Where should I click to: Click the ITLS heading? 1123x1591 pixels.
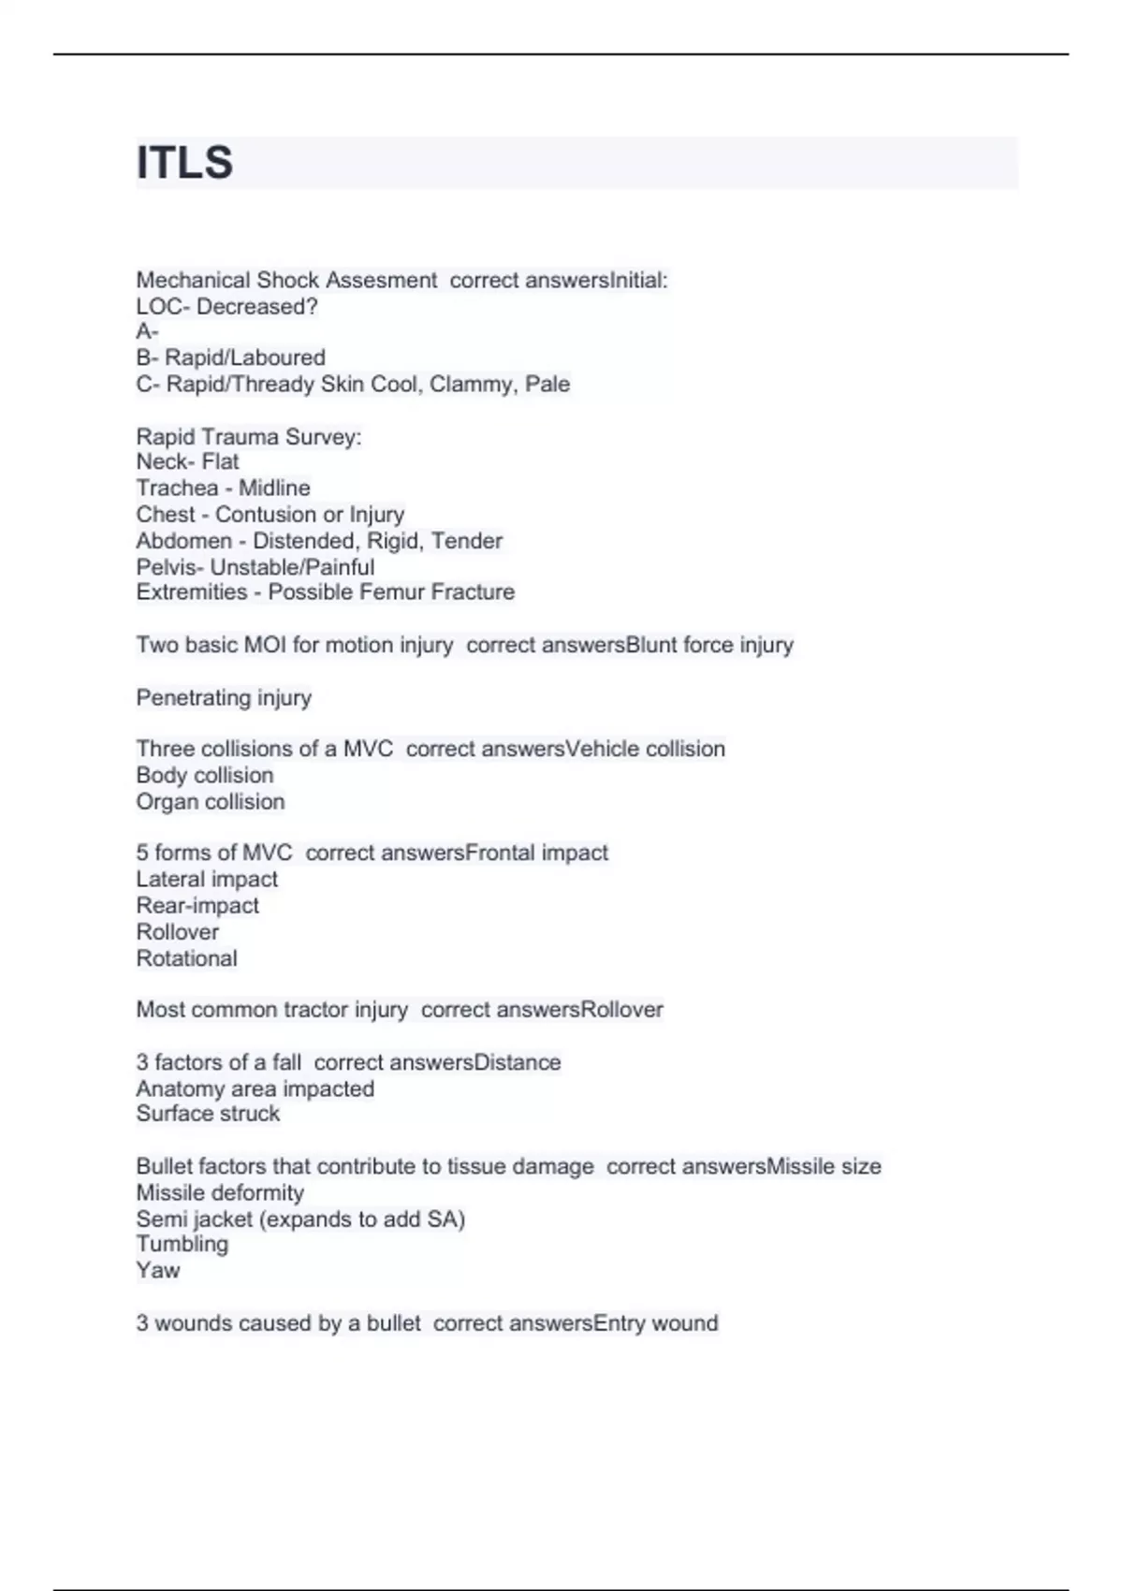click(x=184, y=163)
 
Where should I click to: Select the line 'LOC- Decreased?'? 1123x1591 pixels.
click(x=226, y=306)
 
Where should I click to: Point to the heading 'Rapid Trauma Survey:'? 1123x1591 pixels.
click(x=248, y=436)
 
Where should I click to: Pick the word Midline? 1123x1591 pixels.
click(x=274, y=488)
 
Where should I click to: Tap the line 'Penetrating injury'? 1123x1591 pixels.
click(x=224, y=697)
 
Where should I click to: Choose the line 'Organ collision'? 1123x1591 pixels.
click(x=210, y=801)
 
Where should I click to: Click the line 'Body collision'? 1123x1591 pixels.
click(x=204, y=775)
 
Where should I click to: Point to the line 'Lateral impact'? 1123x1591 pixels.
click(x=207, y=879)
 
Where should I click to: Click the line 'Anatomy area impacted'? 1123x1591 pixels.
click(x=255, y=1088)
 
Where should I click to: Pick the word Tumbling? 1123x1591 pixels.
click(x=182, y=1244)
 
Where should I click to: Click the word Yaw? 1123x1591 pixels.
click(x=157, y=1270)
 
